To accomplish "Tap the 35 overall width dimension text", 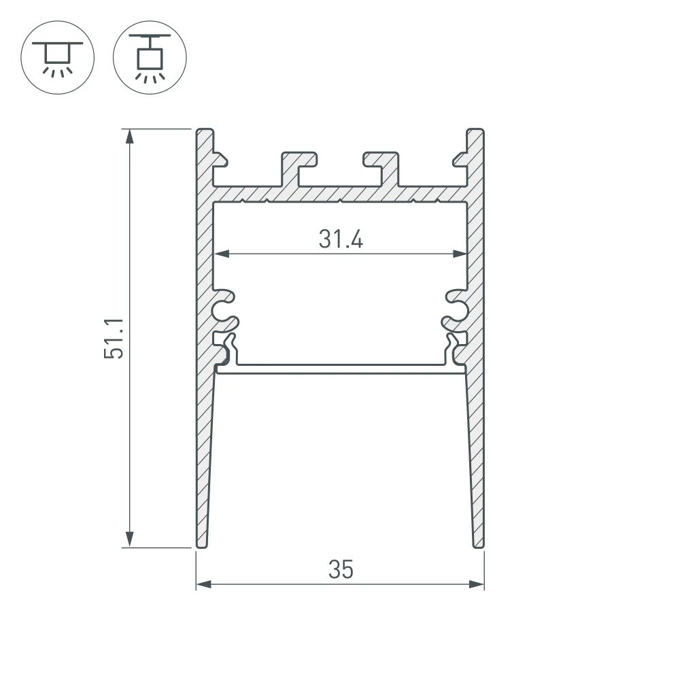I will tap(340, 570).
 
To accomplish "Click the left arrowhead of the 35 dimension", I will tap(203, 583).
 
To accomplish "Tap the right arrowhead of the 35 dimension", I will tap(477, 583).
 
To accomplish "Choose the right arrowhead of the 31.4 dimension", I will tap(460, 254).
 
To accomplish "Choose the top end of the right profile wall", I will tap(476, 131).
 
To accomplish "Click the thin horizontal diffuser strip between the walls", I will tap(340, 369).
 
